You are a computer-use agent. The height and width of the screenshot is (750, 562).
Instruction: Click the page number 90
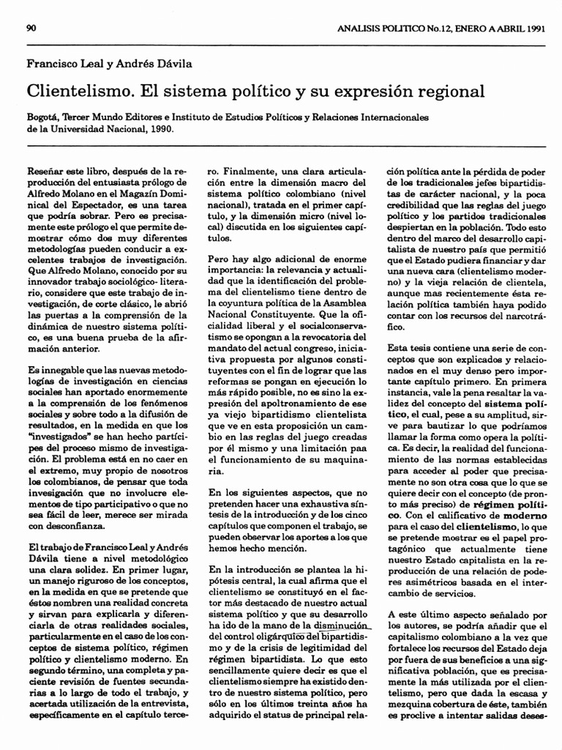[x=31, y=29]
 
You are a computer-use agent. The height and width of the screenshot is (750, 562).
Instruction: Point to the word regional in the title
[x=452, y=92]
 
